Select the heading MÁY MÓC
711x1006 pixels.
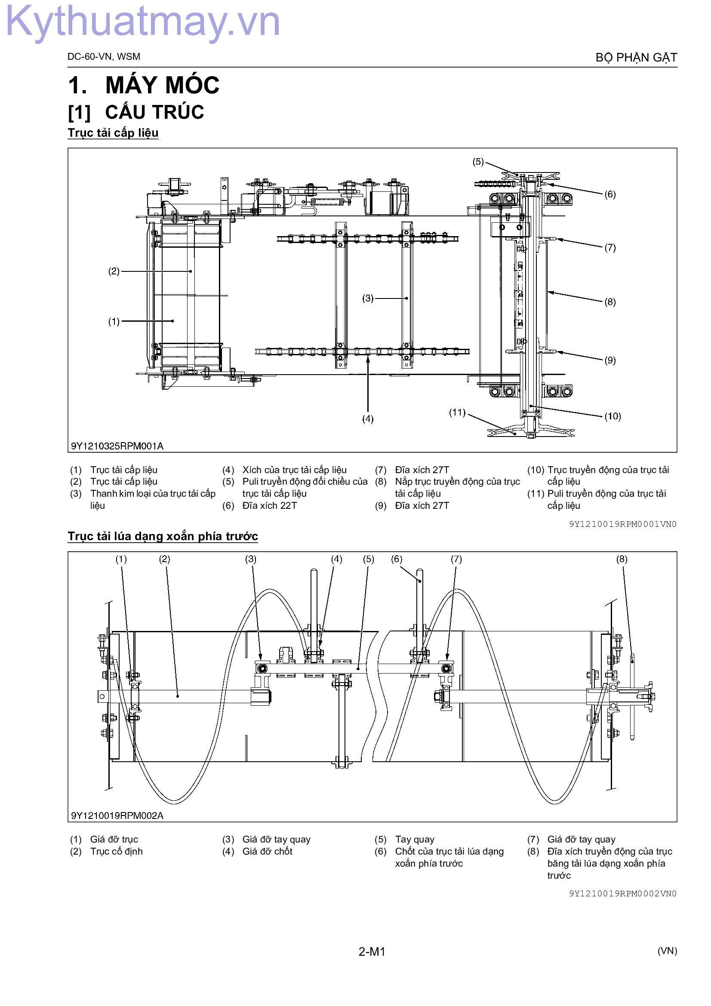162,85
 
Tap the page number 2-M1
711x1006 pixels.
372,951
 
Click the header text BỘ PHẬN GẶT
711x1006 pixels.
636,58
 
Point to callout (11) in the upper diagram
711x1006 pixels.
457,412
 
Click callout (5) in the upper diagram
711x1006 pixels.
478,162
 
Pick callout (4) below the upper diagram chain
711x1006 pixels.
368,419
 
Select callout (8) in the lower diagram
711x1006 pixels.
622,559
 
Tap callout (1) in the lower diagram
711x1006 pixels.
121,559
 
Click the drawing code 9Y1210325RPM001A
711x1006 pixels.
117,446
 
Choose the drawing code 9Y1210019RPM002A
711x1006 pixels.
117,815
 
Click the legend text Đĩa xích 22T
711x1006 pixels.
269,506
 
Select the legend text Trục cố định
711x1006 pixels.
117,851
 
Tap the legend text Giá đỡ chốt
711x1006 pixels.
267,851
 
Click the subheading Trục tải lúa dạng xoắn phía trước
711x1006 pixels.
163,536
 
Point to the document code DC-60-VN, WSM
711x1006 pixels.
104,56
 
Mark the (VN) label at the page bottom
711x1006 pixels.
667,951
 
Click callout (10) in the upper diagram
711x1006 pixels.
613,416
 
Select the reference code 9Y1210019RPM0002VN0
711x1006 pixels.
623,893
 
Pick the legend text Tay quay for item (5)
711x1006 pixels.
414,840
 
